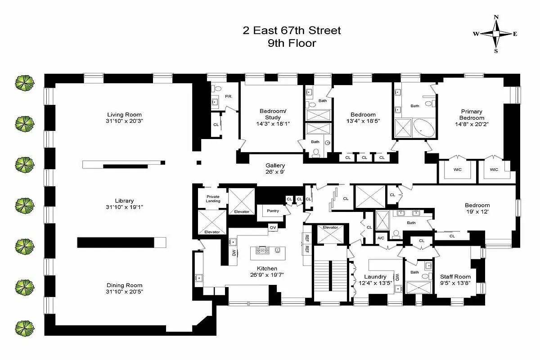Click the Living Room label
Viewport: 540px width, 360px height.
tap(124, 114)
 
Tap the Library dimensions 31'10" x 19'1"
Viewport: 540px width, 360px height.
tap(124, 207)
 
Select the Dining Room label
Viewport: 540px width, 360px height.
tap(125, 285)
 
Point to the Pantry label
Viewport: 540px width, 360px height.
tap(273, 211)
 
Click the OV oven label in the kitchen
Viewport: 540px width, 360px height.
tap(273, 228)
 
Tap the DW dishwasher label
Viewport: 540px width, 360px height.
tap(234, 253)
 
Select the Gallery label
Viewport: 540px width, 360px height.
tap(275, 166)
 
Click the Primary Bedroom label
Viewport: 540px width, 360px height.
tap(472, 115)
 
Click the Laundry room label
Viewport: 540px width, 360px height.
tap(375, 277)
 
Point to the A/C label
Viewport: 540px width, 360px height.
tap(381, 238)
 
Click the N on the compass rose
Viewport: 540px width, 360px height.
tap(496, 18)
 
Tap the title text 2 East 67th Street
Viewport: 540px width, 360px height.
tap(291, 31)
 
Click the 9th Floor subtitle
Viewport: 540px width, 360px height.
tap(291, 44)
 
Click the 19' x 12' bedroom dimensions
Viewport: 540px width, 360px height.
tap(477, 212)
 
